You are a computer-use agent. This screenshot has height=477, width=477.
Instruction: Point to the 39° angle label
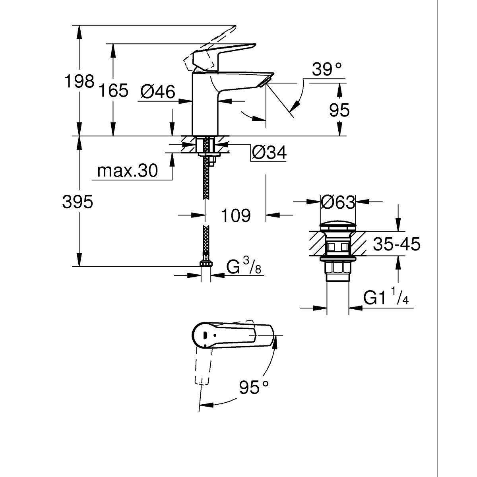(327, 70)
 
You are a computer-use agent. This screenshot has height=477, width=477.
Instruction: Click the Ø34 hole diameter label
(269, 152)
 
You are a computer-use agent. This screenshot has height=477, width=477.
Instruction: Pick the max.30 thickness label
(127, 171)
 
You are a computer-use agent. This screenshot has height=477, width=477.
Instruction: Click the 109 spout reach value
(236, 215)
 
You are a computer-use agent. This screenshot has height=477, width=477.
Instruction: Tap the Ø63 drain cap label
(337, 203)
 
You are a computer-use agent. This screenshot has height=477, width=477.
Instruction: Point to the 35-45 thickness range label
(396, 244)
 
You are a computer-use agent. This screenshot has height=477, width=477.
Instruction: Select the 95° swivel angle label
(254, 386)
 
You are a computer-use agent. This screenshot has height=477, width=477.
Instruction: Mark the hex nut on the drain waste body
(337, 268)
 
